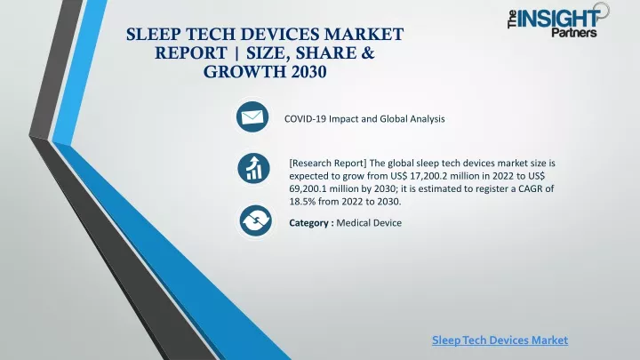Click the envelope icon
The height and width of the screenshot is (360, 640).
[252, 117]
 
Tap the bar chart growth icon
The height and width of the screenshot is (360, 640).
[253, 168]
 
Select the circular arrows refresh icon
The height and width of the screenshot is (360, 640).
[255, 220]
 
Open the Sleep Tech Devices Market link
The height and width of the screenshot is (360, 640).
[500, 340]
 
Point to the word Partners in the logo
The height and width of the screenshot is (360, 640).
[574, 32]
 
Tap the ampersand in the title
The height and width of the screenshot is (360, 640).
[367, 53]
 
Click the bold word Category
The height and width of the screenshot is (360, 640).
[309, 223]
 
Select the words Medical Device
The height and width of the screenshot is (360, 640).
[369, 223]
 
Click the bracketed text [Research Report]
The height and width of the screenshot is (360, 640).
[328, 164]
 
